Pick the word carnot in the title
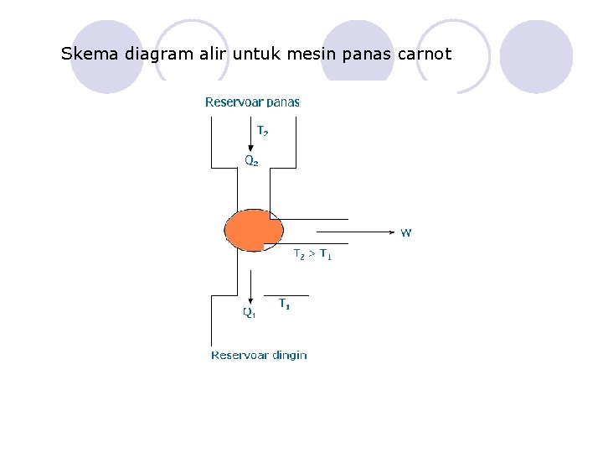422,55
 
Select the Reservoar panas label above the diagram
252,102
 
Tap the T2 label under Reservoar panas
262,131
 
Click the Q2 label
251,159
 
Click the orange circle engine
252,230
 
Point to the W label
405,232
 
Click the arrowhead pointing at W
390,228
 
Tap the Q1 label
250,313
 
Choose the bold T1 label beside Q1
285,305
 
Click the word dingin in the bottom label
289,356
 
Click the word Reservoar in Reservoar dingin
240,355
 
